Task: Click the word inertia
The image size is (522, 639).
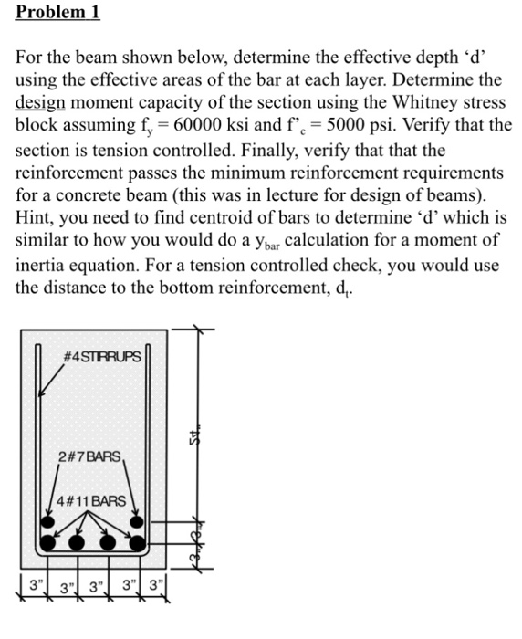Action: tap(45, 264)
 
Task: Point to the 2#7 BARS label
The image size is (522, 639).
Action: tap(88, 456)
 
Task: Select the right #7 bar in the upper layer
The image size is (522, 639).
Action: tap(136, 522)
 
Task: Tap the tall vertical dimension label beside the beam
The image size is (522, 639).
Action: tap(195, 439)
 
